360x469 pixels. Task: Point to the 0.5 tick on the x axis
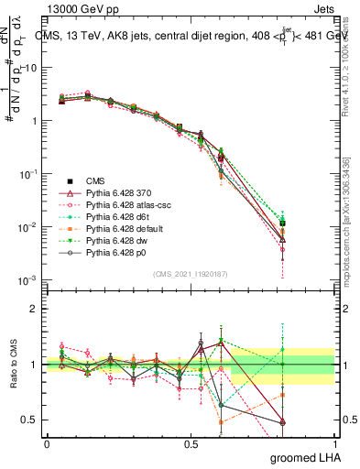191,443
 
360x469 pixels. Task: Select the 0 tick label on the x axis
47,443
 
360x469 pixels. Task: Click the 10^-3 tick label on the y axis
29,279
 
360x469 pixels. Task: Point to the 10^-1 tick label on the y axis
29,173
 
